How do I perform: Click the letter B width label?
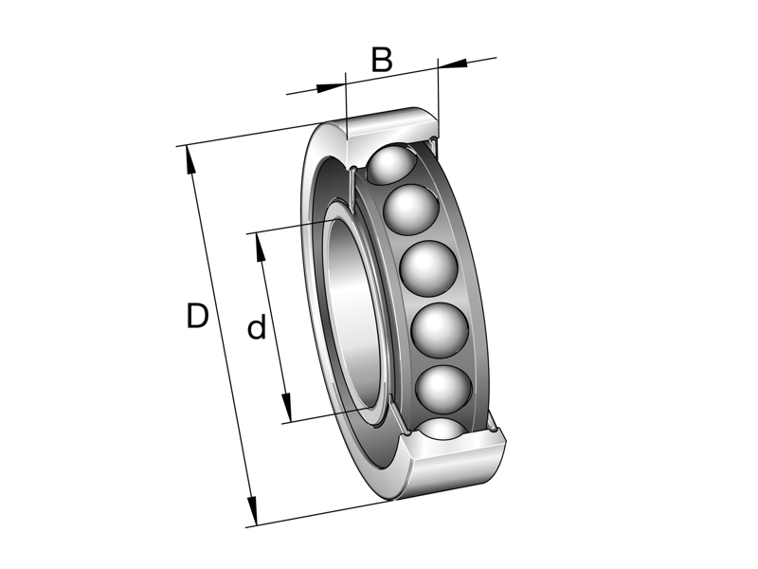pyautogui.click(x=381, y=60)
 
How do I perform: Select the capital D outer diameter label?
pyautogui.click(x=197, y=316)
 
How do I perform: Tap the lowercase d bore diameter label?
pyautogui.click(x=256, y=329)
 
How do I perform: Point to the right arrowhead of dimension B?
pyautogui.click(x=453, y=64)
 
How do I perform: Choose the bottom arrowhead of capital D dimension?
pyautogui.click(x=251, y=511)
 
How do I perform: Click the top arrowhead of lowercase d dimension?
pyautogui.click(x=257, y=244)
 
